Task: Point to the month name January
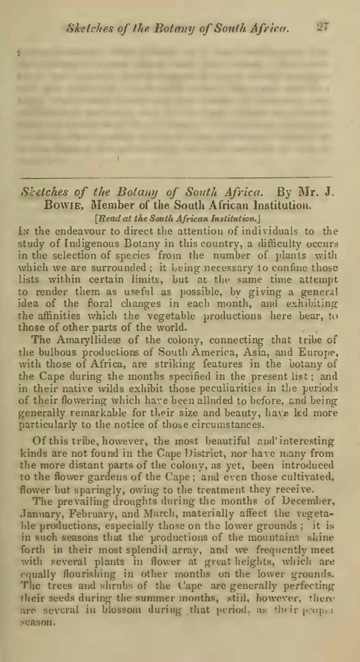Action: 52,532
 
